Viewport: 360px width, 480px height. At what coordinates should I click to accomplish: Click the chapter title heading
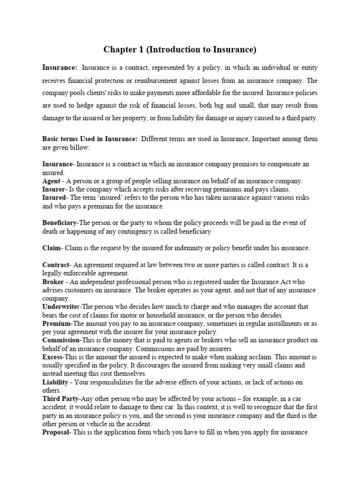click(180, 49)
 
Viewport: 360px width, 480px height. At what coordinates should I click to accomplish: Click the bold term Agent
click(51, 181)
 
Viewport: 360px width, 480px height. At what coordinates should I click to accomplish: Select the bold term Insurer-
click(54, 189)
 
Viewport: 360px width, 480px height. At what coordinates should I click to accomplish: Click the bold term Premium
click(56, 323)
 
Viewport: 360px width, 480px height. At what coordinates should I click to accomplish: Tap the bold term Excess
click(52, 357)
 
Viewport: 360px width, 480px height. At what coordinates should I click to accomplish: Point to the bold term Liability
click(55, 382)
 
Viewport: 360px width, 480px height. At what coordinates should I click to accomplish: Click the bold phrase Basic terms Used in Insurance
click(90, 139)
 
